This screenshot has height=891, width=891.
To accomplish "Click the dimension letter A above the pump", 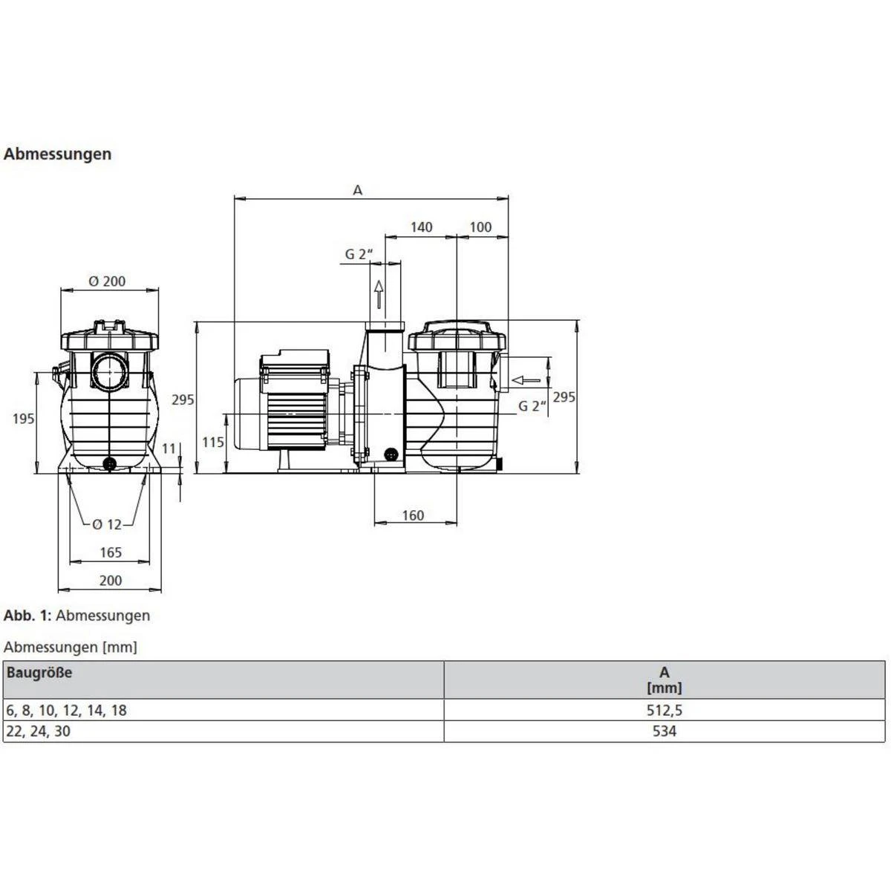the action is pos(357,190).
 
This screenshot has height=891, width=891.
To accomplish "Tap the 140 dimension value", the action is pos(421,227).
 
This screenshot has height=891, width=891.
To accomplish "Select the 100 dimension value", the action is pos(480,227).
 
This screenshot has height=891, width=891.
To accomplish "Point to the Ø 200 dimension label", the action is pos(107,281).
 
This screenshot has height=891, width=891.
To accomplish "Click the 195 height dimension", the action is pos(23,419).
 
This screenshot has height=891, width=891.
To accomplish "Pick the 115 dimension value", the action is pos(212,443).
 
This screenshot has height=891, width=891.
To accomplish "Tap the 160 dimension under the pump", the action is pos(412,515).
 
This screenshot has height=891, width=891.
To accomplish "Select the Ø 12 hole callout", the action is pos(107,524).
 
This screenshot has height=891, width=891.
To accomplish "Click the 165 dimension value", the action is pos(111,552).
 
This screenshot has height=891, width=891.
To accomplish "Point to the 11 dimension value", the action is pos(169,448).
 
